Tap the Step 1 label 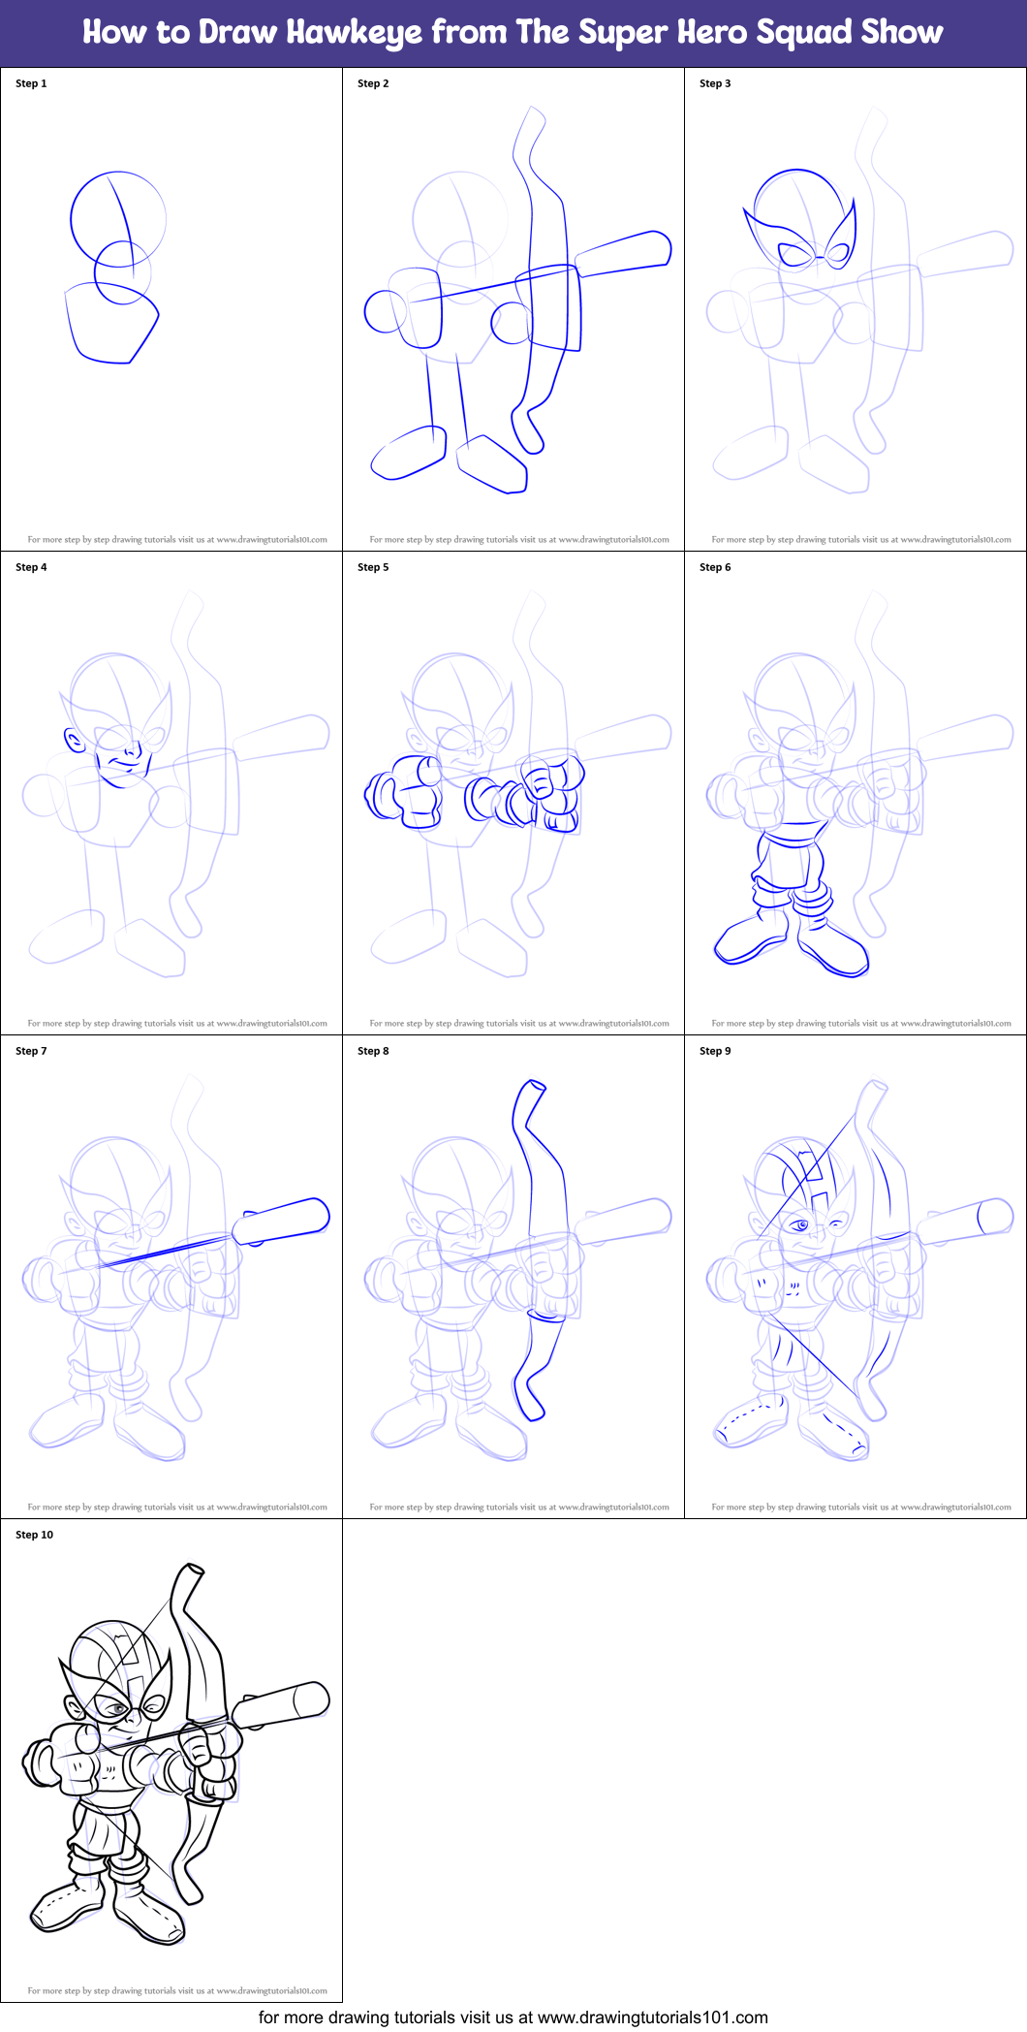31,83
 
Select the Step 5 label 373,567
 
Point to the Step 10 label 35,1535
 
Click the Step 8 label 373,1051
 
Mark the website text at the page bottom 513,2017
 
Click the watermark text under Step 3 860,540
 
